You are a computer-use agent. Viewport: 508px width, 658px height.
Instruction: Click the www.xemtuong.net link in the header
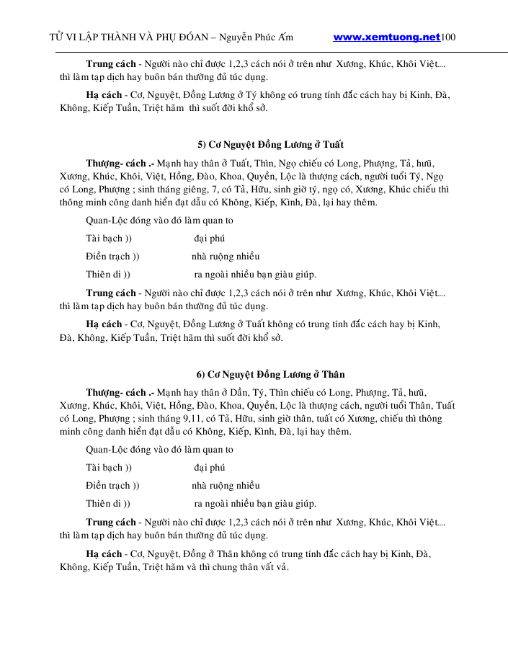[387, 37]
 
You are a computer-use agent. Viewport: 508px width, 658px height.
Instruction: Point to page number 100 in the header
[448, 37]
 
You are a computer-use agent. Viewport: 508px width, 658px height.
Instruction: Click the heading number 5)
[202, 144]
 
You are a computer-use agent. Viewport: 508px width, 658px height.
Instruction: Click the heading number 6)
[201, 374]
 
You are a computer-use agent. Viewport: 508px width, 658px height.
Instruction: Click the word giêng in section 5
[185, 189]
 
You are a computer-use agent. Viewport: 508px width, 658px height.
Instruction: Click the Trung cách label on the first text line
[111, 63]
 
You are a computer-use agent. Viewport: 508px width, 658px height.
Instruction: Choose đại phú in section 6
[210, 468]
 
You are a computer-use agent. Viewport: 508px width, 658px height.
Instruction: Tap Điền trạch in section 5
[107, 256]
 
